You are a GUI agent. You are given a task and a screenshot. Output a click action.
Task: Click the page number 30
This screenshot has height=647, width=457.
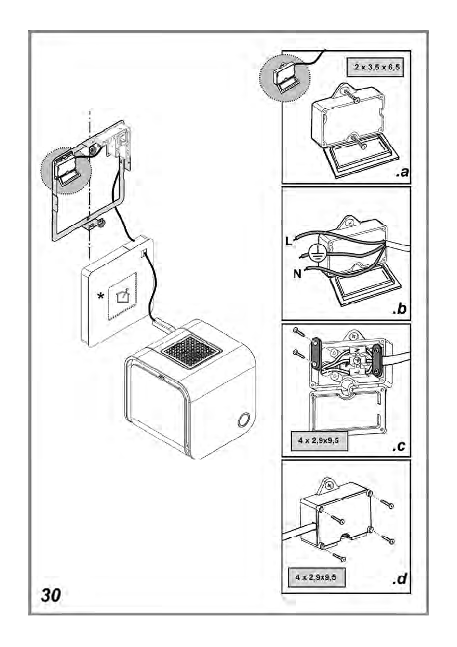[51, 595]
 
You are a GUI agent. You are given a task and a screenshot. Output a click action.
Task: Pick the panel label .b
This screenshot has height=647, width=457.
[400, 308]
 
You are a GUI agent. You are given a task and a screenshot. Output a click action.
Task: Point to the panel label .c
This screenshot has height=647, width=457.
[399, 446]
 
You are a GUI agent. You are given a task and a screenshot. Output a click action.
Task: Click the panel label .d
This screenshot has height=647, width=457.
[399, 578]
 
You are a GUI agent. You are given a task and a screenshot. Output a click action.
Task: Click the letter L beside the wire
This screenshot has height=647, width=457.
[288, 241]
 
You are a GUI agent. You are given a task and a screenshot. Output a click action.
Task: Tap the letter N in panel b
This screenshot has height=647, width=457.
[297, 273]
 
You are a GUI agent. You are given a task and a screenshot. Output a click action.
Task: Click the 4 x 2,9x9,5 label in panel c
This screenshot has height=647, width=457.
[318, 440]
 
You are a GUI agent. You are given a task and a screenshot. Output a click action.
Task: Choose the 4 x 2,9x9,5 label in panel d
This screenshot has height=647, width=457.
[316, 577]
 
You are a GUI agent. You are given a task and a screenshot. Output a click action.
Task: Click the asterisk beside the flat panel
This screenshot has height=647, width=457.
[100, 296]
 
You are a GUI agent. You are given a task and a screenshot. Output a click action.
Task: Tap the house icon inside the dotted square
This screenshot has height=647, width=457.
[122, 296]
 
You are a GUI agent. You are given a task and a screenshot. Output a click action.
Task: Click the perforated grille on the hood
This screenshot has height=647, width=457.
[192, 351]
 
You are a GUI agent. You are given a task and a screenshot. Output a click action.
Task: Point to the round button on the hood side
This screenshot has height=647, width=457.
[243, 420]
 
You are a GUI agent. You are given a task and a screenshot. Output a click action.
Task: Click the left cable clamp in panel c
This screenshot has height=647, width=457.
[316, 353]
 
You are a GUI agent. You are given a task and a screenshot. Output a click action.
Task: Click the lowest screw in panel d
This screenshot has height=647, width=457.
[339, 558]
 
